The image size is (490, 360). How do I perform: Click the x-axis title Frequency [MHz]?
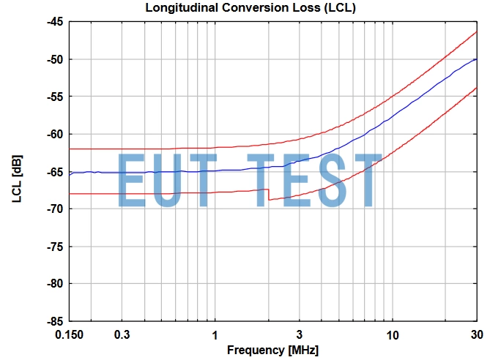272,350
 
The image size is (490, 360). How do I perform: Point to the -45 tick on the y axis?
55,22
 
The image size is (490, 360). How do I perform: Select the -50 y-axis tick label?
55,59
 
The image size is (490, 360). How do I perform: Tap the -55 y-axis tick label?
55,97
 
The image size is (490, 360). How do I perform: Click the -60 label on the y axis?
55,134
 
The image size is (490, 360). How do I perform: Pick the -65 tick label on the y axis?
55,171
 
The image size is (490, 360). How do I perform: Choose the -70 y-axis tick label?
55,209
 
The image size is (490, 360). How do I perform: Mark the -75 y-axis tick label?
55,247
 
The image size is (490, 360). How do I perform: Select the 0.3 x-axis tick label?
122,335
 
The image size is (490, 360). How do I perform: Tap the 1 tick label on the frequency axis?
215,335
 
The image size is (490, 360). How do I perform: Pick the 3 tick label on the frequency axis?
299,335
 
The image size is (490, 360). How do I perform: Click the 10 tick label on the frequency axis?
392,335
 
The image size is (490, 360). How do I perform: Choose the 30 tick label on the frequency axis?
476,335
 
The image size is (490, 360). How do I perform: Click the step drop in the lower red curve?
269,195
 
